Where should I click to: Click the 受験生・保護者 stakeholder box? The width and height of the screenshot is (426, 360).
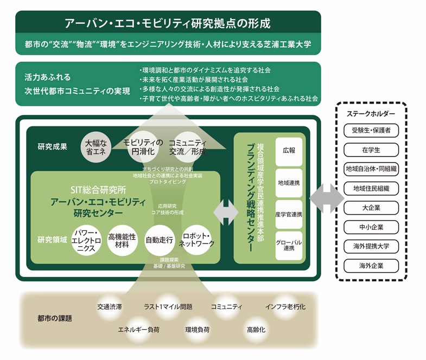tap(371, 130)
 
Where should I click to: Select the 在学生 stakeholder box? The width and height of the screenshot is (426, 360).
tap(371, 149)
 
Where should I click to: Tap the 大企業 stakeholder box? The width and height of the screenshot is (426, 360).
tap(371, 208)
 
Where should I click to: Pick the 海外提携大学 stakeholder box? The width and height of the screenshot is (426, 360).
tap(371, 247)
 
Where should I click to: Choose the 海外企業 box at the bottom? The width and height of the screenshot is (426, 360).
tap(371, 266)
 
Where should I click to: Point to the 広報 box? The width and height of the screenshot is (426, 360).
tap(289, 150)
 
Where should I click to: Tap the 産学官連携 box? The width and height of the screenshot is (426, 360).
tap(289, 213)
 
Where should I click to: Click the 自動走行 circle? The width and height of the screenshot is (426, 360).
tap(160, 239)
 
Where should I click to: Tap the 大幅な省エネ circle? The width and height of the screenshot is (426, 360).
tap(97, 146)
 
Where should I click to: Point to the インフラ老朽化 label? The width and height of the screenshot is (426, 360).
tap(285, 307)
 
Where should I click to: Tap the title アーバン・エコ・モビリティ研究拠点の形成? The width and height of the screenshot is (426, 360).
tap(168, 23)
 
